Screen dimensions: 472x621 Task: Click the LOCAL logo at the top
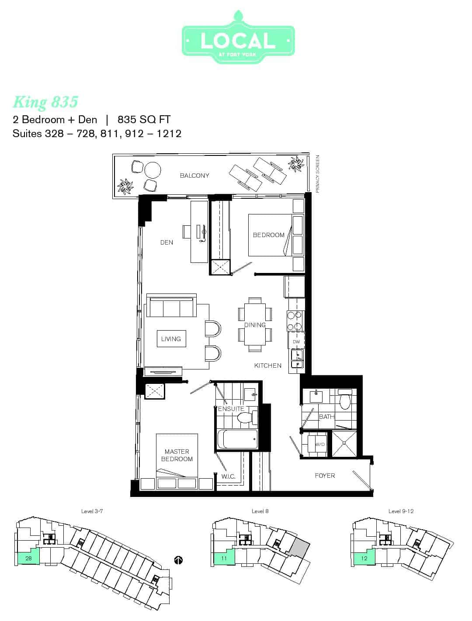[x=238, y=37]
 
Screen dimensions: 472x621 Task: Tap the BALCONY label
[x=194, y=176]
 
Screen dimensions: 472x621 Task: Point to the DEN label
[x=167, y=242]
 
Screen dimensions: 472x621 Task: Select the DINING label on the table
[x=255, y=325]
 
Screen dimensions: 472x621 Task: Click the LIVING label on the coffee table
[x=171, y=338]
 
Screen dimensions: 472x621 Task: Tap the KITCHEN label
[x=268, y=366]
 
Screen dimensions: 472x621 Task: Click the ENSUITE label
[x=231, y=409]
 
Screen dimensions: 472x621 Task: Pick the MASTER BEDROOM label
[x=177, y=455]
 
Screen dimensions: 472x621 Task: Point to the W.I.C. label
[x=228, y=476]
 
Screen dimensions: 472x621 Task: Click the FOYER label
[x=325, y=476]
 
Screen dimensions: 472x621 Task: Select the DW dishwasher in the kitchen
[x=296, y=342]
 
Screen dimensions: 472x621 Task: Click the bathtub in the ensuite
[x=237, y=439]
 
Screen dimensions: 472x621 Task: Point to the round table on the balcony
[x=153, y=170]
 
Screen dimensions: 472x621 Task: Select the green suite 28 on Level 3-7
[x=28, y=558]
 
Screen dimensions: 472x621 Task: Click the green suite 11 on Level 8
[x=224, y=558]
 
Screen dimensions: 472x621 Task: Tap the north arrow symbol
[x=178, y=560]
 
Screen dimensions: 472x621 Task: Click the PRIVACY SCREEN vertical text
[x=317, y=174]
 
